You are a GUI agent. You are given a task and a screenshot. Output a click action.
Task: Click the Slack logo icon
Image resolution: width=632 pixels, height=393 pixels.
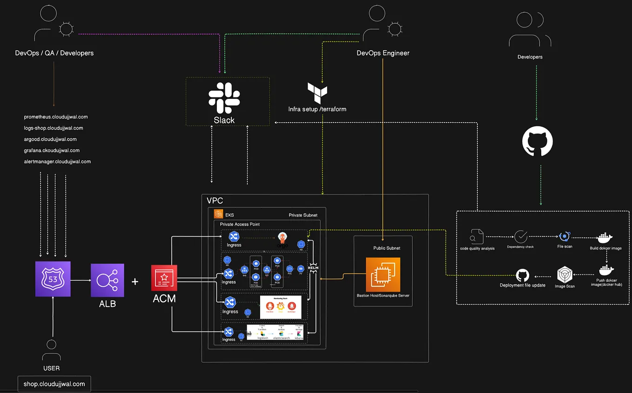224,98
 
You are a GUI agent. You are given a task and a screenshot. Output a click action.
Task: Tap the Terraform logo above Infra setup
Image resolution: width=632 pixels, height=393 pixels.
317,92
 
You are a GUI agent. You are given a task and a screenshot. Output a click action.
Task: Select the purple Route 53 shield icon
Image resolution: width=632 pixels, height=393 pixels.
53,279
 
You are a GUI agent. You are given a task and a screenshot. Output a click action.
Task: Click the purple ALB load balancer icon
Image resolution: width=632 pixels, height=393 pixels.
107,281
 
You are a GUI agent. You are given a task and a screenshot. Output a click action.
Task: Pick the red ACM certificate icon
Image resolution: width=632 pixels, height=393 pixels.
164,278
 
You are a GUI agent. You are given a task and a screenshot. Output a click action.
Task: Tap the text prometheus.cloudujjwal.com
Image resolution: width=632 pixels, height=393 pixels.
56,117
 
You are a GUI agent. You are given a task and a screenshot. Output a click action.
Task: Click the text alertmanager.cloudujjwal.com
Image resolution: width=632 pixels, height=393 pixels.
57,162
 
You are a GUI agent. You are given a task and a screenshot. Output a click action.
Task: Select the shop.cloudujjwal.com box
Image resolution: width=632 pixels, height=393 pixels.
54,384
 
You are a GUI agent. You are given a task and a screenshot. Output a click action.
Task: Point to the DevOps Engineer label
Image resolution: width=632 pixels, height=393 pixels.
383,53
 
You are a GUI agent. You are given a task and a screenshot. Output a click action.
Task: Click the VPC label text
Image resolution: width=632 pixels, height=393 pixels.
215,201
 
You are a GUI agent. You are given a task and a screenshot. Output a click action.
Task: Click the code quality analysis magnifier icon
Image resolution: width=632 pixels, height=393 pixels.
477,236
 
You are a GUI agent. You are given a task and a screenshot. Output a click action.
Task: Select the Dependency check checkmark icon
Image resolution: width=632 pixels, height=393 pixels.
520,236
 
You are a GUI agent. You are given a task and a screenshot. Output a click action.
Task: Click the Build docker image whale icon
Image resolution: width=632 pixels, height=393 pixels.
605,237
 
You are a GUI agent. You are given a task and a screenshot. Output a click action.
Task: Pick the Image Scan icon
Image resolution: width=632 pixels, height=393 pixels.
565,275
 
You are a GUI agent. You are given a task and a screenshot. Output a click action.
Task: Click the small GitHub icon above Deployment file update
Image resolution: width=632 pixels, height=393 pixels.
523,275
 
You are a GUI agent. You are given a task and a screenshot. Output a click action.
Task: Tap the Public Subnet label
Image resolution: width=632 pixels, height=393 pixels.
386,248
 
